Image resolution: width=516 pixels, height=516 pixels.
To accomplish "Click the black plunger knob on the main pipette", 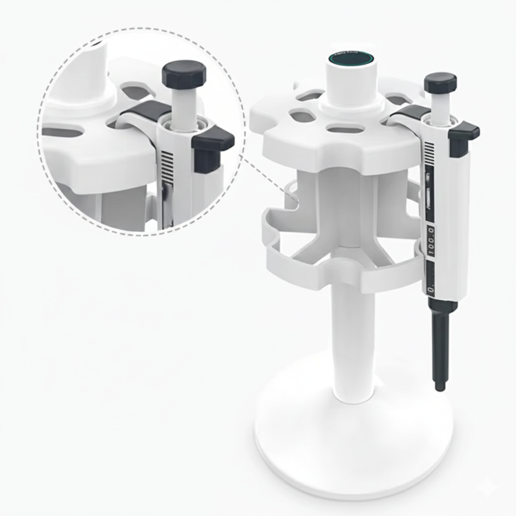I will pos(440,83).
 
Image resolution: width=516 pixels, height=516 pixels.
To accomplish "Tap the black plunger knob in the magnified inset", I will pos(184,74).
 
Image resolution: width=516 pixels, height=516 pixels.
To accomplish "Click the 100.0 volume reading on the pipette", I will pos(432,241).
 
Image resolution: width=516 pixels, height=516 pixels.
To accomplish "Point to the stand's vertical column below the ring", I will pos(353,343).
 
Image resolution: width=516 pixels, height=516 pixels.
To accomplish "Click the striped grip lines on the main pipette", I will pos(429,150).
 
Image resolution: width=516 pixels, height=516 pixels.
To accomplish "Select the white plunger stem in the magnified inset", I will pos(184,106).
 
